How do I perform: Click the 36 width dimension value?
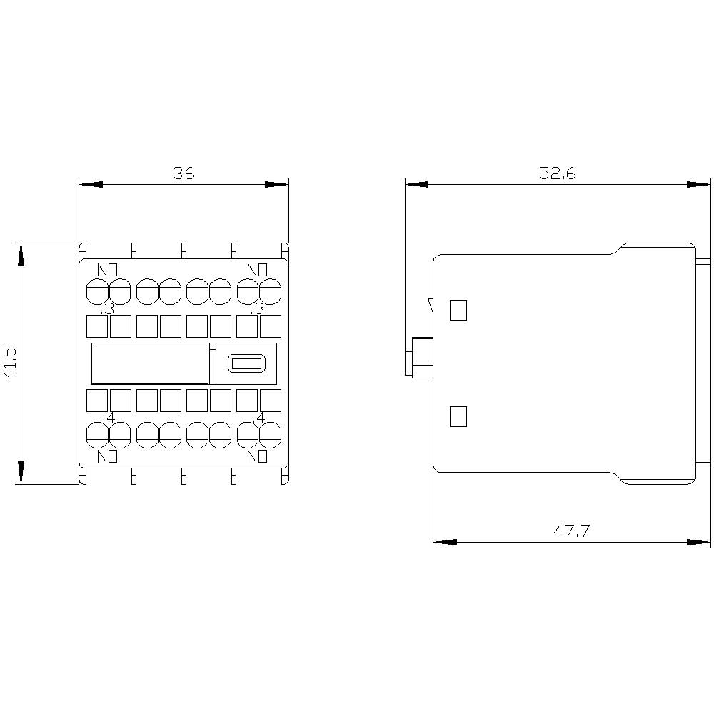point(183,174)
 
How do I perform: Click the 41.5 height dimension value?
point(10,363)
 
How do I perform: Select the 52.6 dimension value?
point(558,174)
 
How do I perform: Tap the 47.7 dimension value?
point(571,531)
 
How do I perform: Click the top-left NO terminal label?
point(107,270)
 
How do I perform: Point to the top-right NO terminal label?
point(257,270)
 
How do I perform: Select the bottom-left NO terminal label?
point(107,456)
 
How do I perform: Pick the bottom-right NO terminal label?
point(257,456)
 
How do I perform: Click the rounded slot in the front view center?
point(246,363)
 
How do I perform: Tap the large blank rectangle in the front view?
point(150,363)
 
